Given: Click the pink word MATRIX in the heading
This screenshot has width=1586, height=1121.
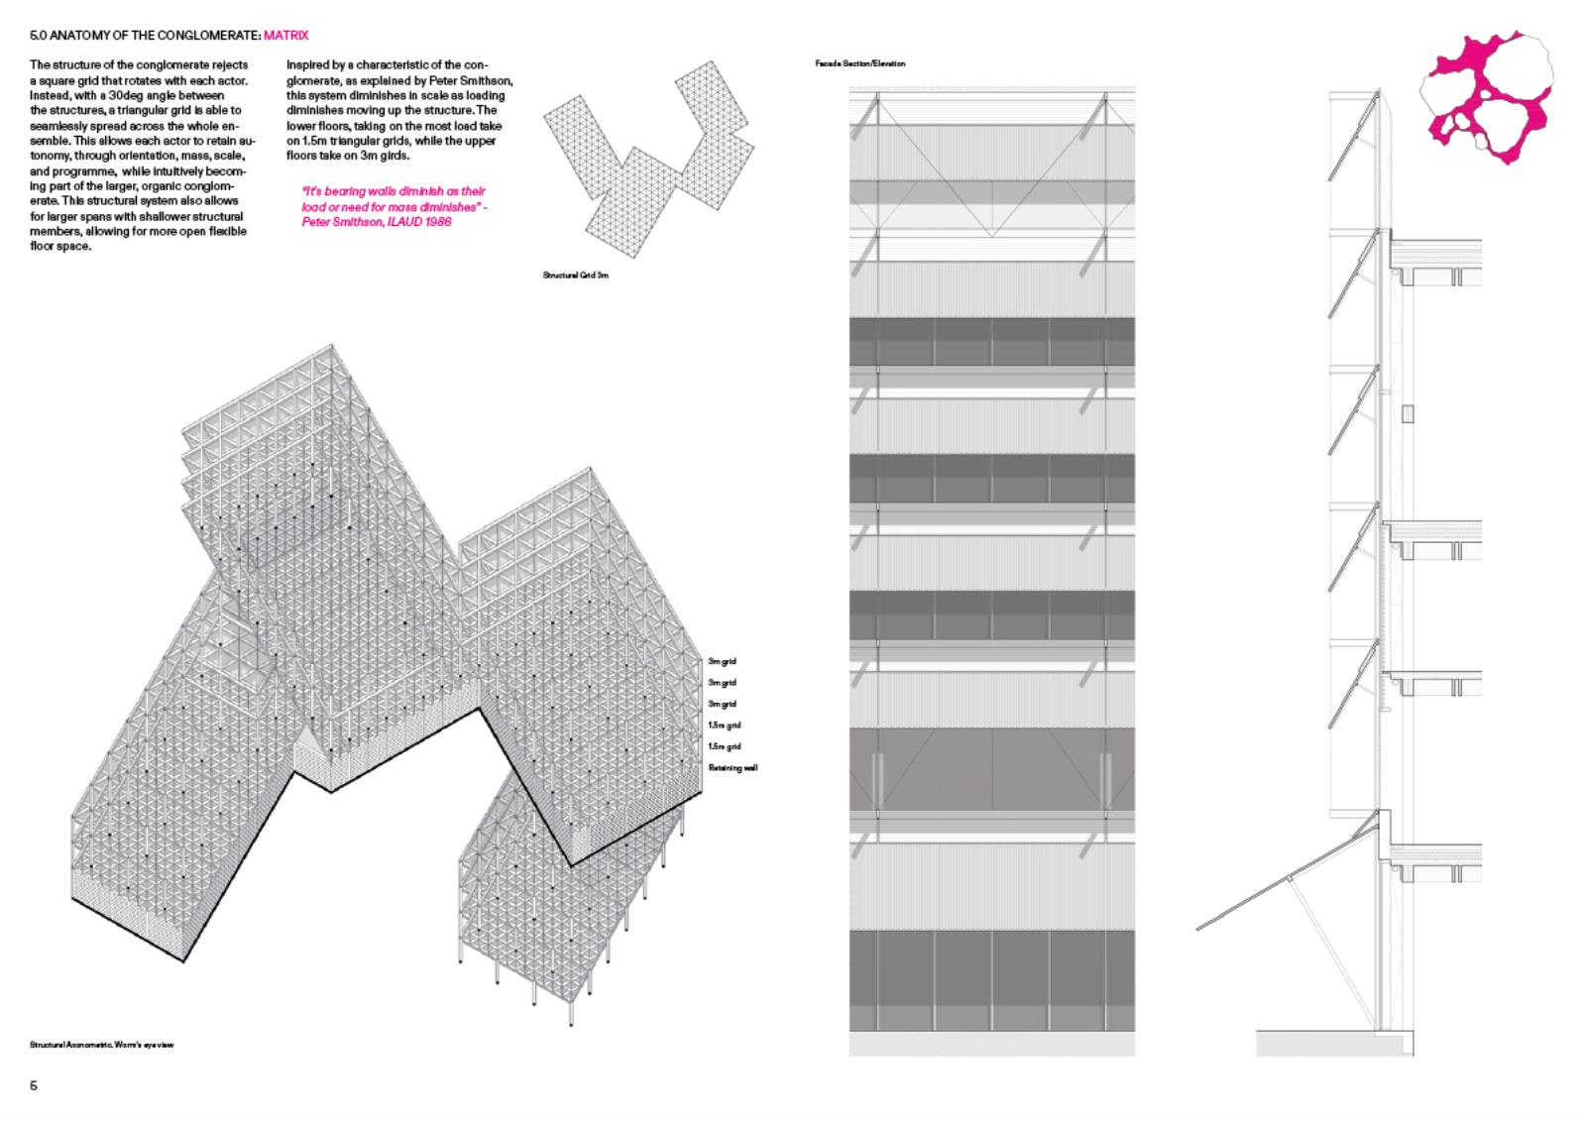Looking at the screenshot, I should tap(286, 36).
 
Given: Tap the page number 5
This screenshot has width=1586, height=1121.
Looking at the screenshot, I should tap(34, 1085).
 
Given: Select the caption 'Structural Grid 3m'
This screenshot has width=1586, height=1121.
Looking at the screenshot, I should tap(575, 275).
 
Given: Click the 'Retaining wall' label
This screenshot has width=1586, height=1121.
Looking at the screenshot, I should tap(733, 768).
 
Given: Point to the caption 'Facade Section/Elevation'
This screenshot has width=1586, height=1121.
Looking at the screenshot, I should tap(859, 63).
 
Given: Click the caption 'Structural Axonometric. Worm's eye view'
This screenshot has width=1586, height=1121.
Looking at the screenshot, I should tap(102, 1045).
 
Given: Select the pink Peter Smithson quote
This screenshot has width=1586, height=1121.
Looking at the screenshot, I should tap(393, 206).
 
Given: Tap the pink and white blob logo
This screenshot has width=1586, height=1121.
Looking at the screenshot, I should tap(1484, 96).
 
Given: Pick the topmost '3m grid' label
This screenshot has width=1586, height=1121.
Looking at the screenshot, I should tap(722, 661).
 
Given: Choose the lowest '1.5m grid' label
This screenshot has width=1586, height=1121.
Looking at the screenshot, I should tap(724, 746).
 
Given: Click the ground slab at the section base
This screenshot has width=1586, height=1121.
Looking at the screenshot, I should tap(1333, 1043).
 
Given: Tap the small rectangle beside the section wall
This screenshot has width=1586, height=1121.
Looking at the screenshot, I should tap(1408, 413).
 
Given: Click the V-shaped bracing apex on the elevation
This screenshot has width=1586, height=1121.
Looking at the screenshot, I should tap(991, 235).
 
